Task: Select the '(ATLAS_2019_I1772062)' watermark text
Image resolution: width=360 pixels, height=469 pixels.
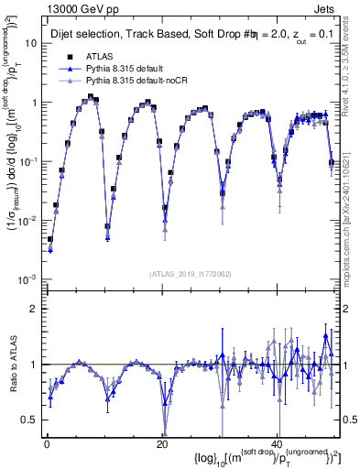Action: [x=190, y=274]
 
